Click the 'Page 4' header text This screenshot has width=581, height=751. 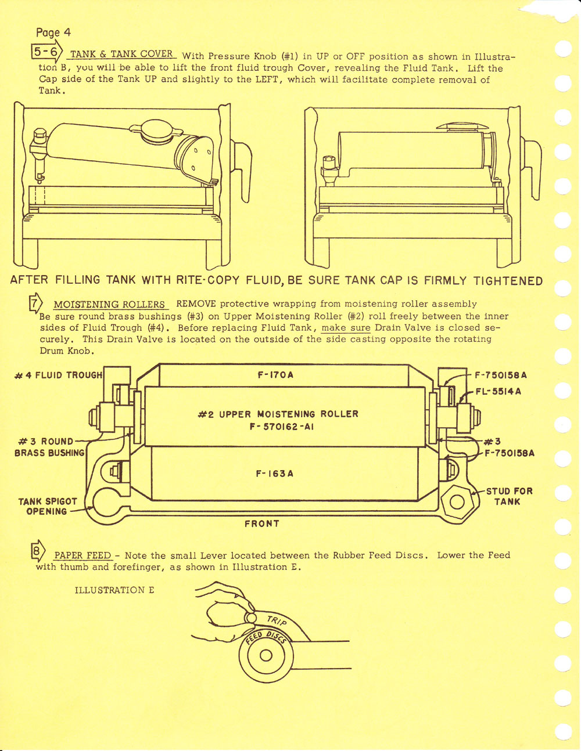(53, 33)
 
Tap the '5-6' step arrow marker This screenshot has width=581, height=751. (46, 53)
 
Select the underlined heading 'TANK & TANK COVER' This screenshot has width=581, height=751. (121, 55)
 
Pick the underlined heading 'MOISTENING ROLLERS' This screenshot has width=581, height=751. (110, 305)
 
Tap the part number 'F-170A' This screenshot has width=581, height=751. (275, 375)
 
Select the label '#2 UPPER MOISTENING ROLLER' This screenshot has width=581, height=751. (278, 414)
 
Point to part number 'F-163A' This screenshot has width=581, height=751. (275, 474)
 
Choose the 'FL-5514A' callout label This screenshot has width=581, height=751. (498, 391)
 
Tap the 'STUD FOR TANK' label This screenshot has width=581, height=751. (509, 496)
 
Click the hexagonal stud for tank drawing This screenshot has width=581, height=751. (457, 503)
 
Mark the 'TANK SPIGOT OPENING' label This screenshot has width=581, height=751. (48, 506)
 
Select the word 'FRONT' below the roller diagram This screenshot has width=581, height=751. (261, 523)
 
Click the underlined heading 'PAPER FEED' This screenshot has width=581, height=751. (82, 555)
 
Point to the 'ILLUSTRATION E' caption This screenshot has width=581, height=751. (114, 590)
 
